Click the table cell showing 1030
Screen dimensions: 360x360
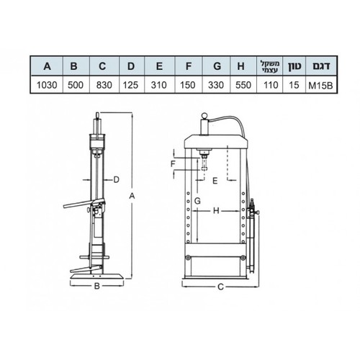coord(47,85)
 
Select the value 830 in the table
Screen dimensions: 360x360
coord(104,85)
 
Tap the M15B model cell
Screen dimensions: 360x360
coord(320,86)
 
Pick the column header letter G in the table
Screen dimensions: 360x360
coord(217,66)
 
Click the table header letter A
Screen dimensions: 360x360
coord(48,66)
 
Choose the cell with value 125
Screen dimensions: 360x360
coord(131,85)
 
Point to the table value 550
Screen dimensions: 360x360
coord(243,85)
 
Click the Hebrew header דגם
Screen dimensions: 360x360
coord(321,66)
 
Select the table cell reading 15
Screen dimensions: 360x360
coord(294,85)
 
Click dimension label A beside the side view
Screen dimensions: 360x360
coord(132,196)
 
